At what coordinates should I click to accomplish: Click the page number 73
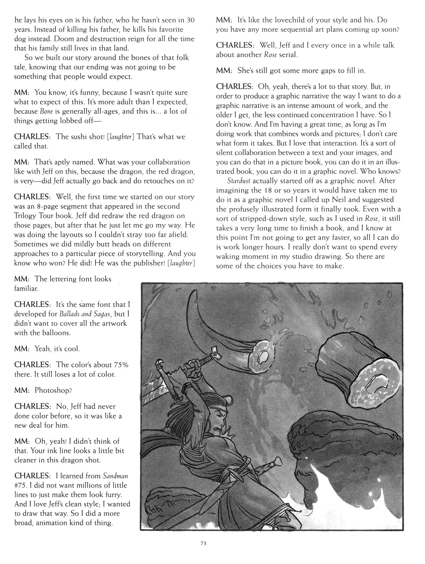204,544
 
